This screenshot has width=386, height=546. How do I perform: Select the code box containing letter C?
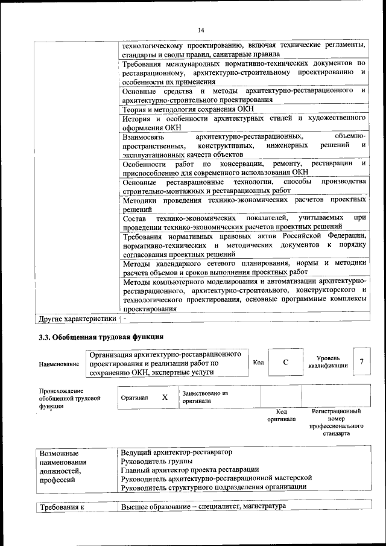click(286, 362)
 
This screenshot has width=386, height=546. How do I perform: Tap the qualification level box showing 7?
click(361, 361)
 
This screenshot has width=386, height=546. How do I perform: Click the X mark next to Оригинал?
click(165, 398)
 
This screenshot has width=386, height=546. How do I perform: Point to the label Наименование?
click(59, 364)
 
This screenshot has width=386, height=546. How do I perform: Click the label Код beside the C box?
click(258, 362)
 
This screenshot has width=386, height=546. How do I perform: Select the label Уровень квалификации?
click(332, 361)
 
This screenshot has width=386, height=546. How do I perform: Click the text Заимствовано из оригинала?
click(204, 396)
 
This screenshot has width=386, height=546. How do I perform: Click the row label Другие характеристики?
click(77, 318)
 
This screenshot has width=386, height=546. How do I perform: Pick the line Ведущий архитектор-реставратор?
click(176, 452)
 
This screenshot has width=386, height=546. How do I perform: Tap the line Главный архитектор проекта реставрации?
click(190, 469)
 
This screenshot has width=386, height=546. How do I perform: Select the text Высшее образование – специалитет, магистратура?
click(203, 506)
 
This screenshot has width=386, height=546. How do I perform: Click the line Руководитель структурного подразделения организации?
click(214, 486)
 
